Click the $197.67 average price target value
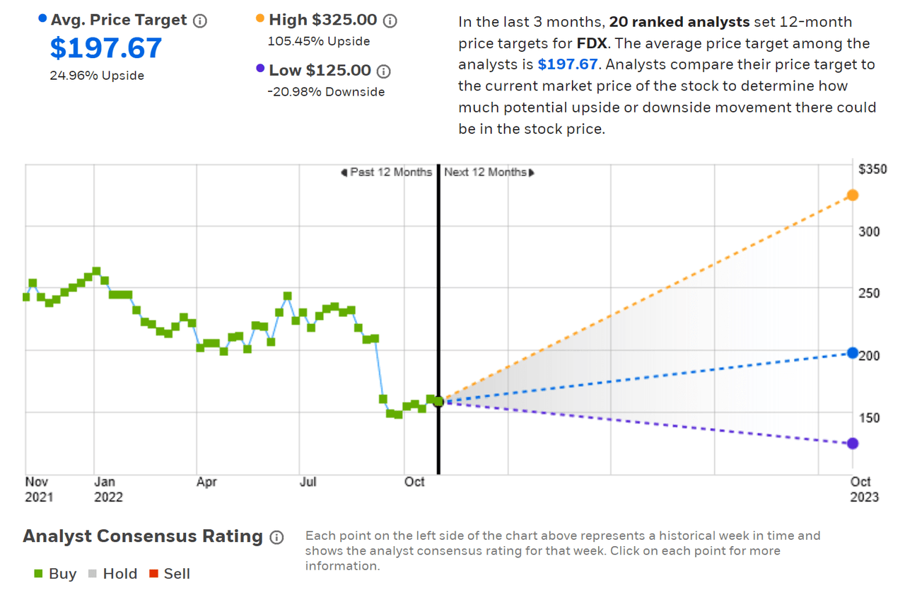106,48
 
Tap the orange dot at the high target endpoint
853,195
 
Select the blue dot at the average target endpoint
853,352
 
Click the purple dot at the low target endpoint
853,443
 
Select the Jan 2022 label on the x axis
108,490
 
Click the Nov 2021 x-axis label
39,490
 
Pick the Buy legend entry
55,574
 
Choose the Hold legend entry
112,574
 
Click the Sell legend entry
170,574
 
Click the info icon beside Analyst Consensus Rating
276,538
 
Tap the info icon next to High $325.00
390,21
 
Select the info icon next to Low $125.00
383,71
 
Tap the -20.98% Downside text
326,91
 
